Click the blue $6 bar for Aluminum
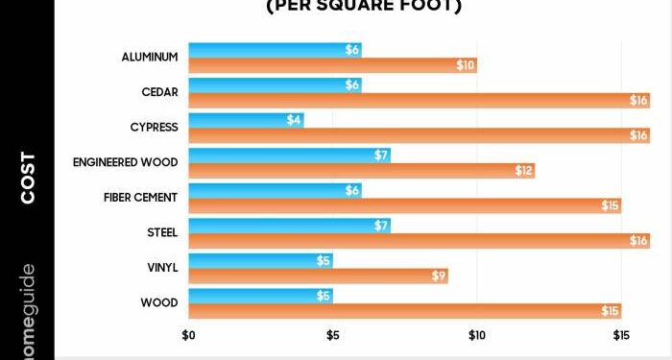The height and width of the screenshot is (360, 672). point(275,50)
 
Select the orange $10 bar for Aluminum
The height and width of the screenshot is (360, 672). point(332,65)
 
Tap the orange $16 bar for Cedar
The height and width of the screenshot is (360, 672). point(419,100)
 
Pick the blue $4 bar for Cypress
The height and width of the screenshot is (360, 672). point(246,120)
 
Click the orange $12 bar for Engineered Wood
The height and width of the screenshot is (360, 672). point(361,171)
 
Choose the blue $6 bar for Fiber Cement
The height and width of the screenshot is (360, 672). point(275,190)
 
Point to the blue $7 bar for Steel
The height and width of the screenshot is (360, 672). point(289,226)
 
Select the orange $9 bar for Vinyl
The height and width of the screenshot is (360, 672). point(318,276)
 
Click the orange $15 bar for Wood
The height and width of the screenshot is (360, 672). point(404,311)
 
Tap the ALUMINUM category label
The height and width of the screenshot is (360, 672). point(150,58)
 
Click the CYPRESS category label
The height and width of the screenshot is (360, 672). point(154,128)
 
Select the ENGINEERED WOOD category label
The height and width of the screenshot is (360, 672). point(125,162)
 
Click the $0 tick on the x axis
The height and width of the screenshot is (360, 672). point(189,336)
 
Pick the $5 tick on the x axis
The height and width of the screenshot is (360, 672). point(332,336)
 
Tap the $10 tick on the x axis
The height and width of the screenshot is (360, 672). point(476,336)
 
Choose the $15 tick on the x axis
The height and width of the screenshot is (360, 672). point(620,336)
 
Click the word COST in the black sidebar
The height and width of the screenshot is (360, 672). point(28,177)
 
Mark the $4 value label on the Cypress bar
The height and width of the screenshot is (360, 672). point(294,120)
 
